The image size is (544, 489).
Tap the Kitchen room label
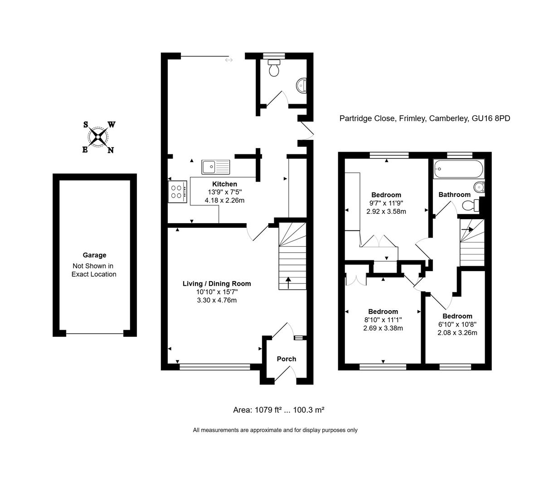coord(224,184)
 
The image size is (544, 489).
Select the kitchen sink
coord(216,167)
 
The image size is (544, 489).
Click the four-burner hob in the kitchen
coord(178,192)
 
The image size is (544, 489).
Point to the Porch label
coord(286,359)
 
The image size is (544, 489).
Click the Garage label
coord(94,255)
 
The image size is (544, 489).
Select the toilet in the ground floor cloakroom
coord(274,68)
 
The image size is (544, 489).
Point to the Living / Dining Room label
coord(216,283)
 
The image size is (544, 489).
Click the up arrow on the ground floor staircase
coord(288,282)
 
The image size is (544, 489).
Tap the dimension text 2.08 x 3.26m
coord(457,332)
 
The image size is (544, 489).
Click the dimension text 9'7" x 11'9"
coord(386,203)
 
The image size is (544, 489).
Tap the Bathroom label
coord(454,194)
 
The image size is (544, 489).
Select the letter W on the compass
coord(111,125)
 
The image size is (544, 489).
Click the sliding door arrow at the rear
coord(228,60)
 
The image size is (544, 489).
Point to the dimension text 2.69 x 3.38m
coord(383,328)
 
